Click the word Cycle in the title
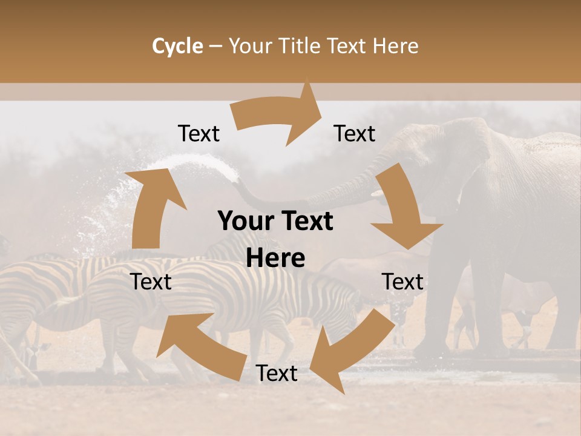pyautogui.click(x=177, y=46)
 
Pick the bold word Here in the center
pyautogui.click(x=275, y=259)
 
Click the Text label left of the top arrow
pyautogui.click(x=199, y=134)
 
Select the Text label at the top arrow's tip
pyautogui.click(x=355, y=134)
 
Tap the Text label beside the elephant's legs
pyautogui.click(x=402, y=282)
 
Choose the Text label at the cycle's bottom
pyautogui.click(x=277, y=374)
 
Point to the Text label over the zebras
pyautogui.click(x=151, y=282)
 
